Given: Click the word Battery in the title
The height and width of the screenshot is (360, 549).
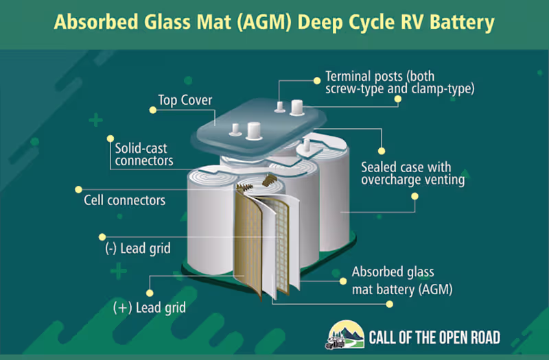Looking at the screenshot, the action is pos(462,22).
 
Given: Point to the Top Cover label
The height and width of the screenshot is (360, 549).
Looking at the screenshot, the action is pos(185,100).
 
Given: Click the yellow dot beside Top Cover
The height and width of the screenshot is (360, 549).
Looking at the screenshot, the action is pos(152,110).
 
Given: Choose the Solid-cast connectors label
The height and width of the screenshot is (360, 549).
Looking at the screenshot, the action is pos(144,154).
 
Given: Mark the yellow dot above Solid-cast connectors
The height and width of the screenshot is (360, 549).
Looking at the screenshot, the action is pos(110,139).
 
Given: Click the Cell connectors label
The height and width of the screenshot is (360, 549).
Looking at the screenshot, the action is pos(124,200).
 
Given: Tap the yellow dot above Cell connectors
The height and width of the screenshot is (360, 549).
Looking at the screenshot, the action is pos(78,190).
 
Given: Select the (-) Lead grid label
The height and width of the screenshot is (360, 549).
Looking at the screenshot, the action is pos(138,249).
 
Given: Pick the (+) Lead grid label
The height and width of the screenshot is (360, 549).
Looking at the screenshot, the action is pos(150,308).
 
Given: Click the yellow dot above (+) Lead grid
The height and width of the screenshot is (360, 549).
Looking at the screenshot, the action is pos(150,293).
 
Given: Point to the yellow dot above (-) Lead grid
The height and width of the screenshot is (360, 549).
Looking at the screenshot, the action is pos(102,237).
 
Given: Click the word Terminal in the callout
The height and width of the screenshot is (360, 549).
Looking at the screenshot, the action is pos(349,76).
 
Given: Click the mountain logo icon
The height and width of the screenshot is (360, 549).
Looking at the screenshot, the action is pos(345,335).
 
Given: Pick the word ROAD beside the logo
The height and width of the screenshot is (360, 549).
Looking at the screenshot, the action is pos(486,337).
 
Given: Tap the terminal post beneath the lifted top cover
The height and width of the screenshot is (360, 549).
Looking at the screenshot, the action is pos(307,145).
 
